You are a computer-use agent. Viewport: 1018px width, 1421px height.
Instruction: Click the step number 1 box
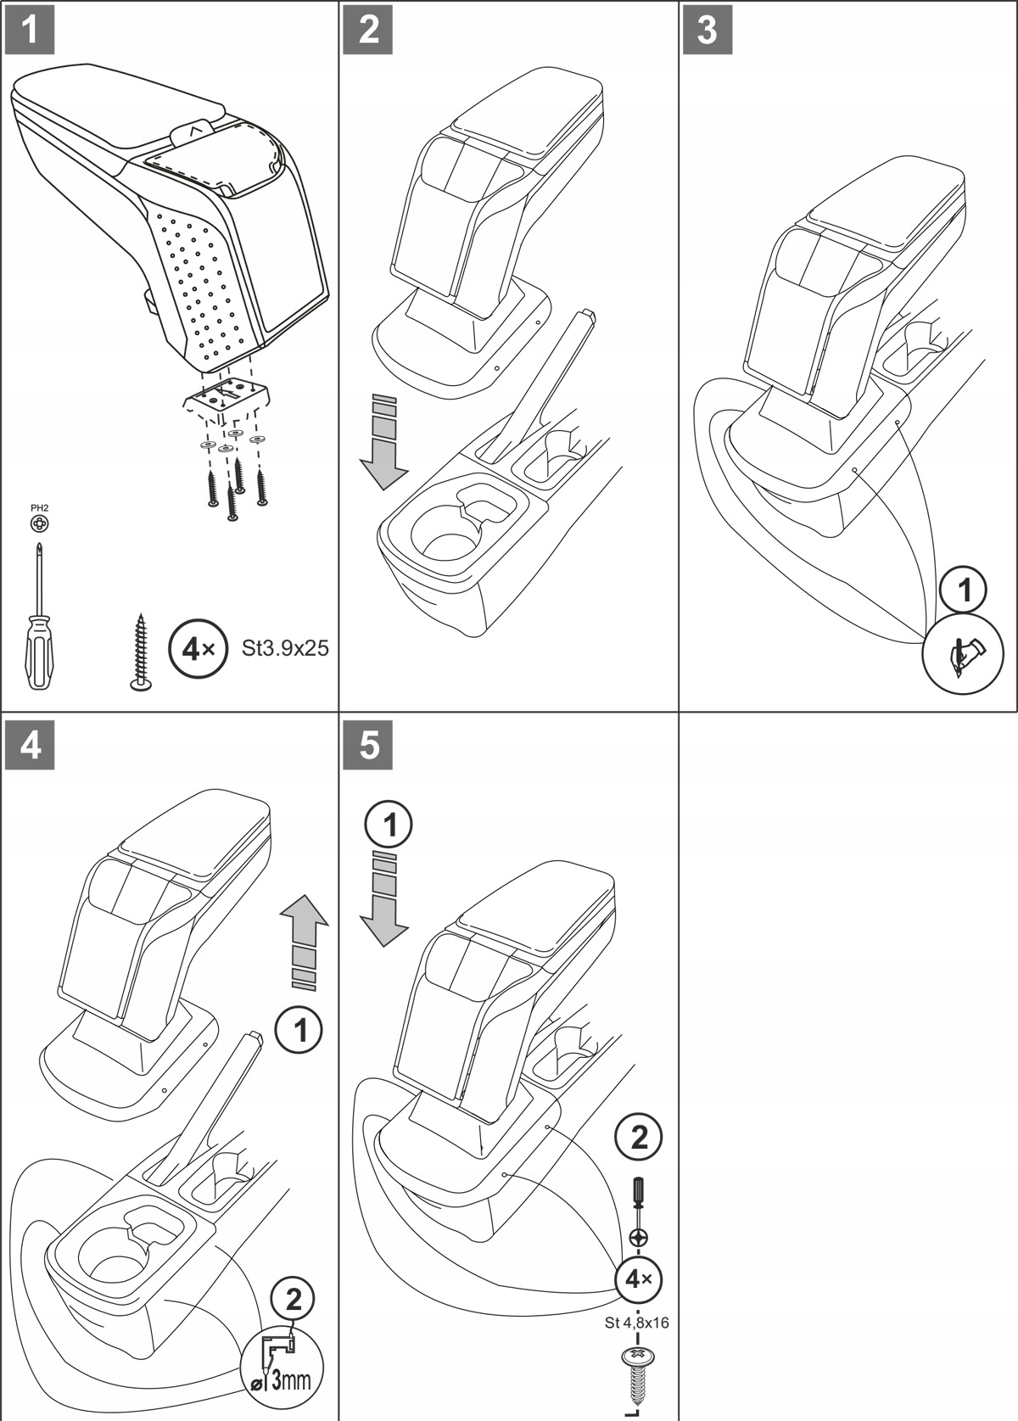(30, 30)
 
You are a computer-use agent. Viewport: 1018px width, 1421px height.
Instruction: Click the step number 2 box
(369, 30)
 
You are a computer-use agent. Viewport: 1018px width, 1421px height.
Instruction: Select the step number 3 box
(708, 30)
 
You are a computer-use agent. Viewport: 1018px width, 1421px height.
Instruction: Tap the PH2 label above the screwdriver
(40, 507)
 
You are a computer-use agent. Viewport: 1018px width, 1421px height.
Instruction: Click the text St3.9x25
(285, 649)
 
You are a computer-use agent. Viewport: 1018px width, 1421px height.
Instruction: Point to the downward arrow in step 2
(383, 445)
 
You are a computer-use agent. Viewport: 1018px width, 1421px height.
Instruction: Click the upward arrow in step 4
(304, 942)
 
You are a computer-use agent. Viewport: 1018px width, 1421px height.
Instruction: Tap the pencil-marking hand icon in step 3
(963, 655)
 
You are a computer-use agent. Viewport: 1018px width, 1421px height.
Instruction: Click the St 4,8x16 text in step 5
(636, 1323)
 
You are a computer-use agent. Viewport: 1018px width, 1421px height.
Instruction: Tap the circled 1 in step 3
(963, 590)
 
